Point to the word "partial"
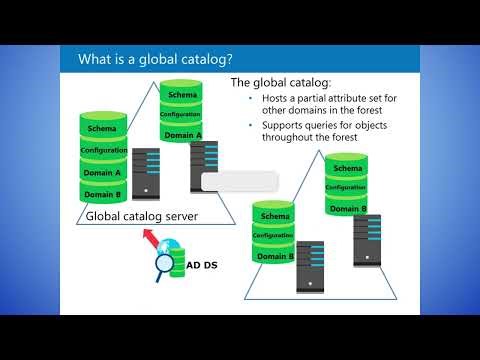(x=321, y=99)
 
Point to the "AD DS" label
(x=204, y=266)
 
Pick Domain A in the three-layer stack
(x=183, y=135)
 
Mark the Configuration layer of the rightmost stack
(x=345, y=187)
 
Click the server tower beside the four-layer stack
(x=146, y=172)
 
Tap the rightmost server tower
(x=367, y=240)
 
